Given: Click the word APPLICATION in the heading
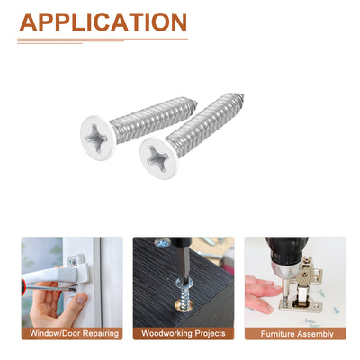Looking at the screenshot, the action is coord(103,22).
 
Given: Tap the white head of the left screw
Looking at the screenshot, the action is coord(97,138).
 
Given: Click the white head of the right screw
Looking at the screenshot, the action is coord(159,157).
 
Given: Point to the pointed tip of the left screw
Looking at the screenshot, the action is coord(197,103).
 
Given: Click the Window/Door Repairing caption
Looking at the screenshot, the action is coord(74,333).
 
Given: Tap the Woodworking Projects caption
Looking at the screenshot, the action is coord(184,333).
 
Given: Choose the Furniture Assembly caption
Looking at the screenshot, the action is coord(297,334).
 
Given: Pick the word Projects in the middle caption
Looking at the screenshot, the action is coord(210,334).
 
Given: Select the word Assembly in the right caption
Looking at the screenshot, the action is coord(316,334).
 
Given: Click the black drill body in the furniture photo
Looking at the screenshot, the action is coord(286,249).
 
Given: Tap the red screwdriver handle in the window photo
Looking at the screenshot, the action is coord(23,288).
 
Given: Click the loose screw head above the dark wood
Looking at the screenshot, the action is coord(162,243).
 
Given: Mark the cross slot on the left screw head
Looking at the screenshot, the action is coord(96,139).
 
